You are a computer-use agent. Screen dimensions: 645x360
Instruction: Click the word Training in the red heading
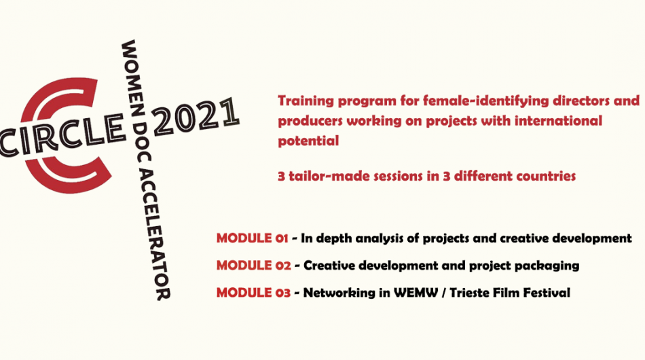point(306,101)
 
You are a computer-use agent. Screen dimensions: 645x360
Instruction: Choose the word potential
point(308,141)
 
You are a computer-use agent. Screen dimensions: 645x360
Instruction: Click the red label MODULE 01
point(252,238)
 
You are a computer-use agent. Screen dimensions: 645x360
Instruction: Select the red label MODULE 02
point(254,266)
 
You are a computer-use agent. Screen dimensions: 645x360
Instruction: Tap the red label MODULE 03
point(253,293)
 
